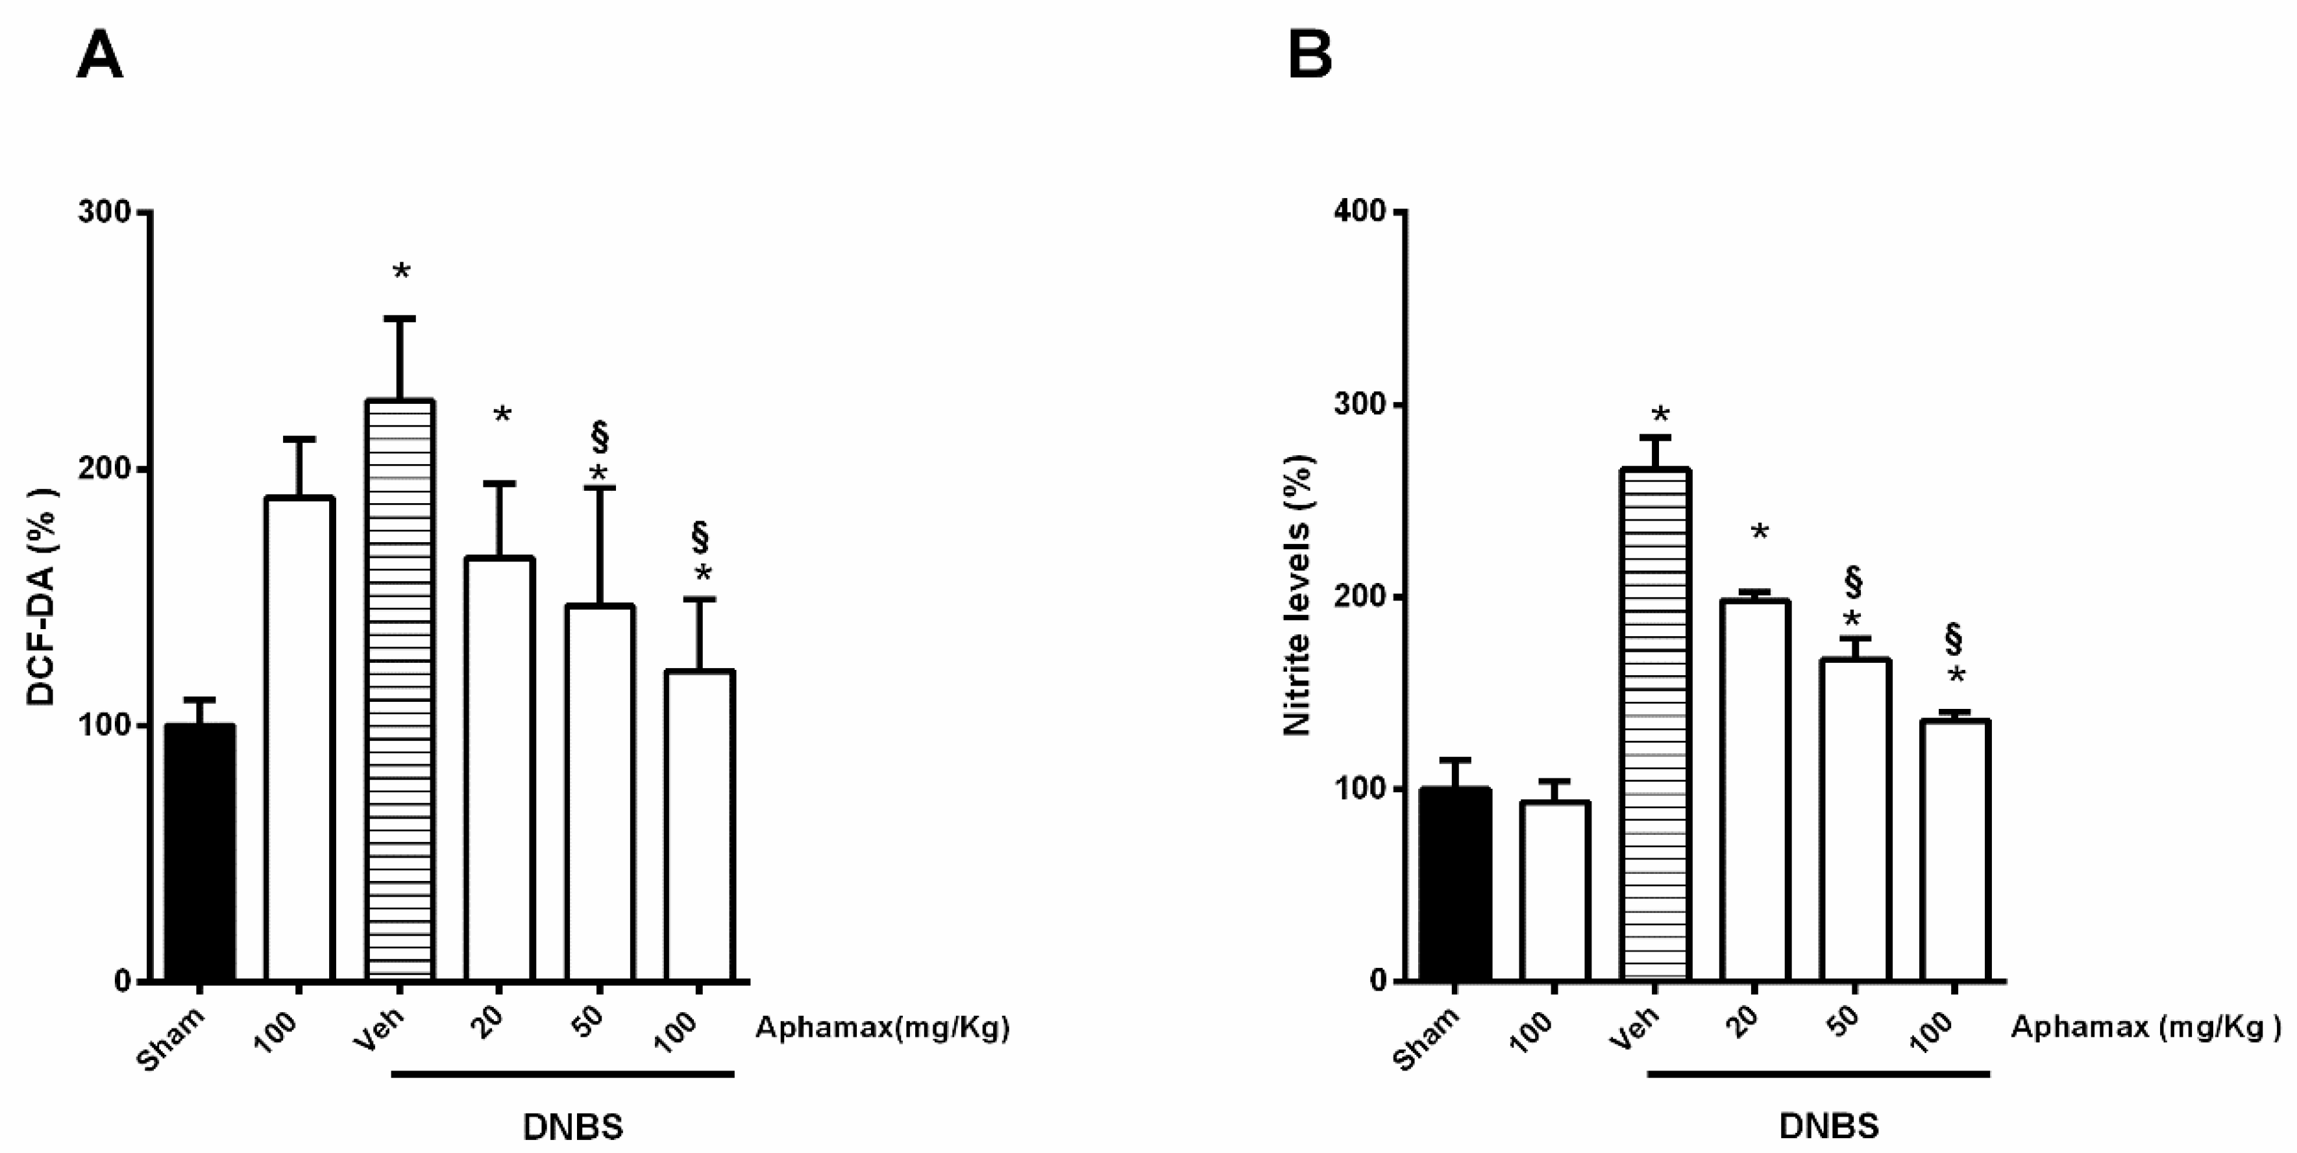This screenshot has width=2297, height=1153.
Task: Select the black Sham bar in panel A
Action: [x=201, y=852]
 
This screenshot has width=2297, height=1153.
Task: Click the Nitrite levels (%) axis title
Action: [x=1298, y=596]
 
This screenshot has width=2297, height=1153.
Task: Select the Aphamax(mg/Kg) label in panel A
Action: [x=882, y=1028]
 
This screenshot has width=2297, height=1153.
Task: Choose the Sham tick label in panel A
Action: [x=172, y=1038]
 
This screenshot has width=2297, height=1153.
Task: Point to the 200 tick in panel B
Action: [x=1359, y=597]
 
